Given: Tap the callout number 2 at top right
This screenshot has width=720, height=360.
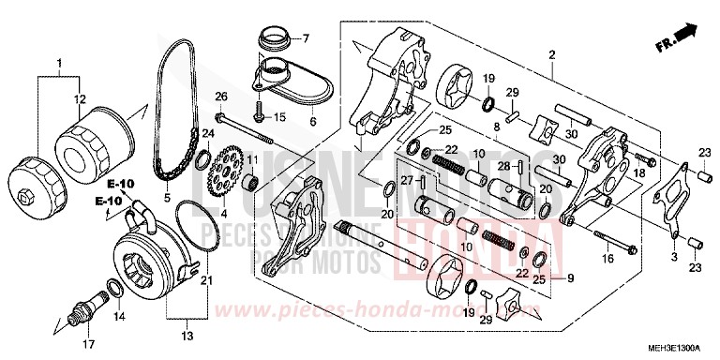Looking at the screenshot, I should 552,54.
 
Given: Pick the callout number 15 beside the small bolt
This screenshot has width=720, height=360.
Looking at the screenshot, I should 278,117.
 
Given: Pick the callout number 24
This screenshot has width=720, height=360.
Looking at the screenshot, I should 206,134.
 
